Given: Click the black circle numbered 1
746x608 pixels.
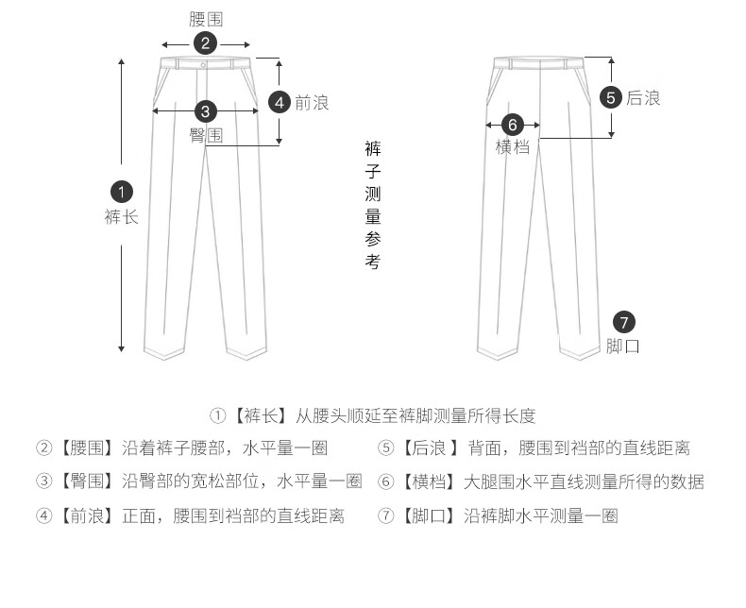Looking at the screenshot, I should (122, 191).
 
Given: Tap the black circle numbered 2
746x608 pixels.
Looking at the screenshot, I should (206, 43).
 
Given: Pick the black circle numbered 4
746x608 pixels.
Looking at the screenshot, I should (279, 102).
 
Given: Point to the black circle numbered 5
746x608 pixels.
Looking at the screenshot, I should (612, 97).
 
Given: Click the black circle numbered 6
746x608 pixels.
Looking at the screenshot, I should (512, 125).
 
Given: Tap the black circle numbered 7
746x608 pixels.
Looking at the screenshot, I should (624, 321).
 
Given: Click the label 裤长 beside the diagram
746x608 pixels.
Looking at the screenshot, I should (122, 217).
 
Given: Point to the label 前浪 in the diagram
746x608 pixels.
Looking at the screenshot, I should (312, 102).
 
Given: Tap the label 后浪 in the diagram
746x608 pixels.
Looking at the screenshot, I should (644, 97).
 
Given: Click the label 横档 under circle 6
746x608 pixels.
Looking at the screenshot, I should (512, 147).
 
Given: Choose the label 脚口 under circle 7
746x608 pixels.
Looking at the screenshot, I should (624, 346).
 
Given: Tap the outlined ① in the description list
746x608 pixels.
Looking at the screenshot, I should (217, 415).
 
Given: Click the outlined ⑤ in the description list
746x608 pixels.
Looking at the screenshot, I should (385, 448).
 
